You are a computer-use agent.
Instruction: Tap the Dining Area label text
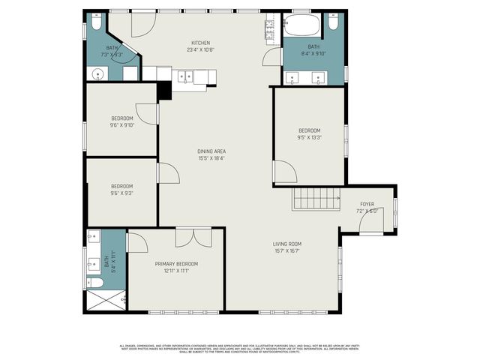211,151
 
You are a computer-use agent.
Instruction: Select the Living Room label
286,244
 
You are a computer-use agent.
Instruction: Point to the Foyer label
367,204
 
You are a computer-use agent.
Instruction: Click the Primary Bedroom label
176,264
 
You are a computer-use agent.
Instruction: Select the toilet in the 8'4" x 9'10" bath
334,22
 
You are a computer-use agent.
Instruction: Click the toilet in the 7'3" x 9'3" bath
95,22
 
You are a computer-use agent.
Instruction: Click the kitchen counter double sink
184,75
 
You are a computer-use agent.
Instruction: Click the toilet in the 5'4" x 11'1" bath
94,282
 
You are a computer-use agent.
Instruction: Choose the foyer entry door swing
372,221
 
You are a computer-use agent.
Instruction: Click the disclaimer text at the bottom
240,348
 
